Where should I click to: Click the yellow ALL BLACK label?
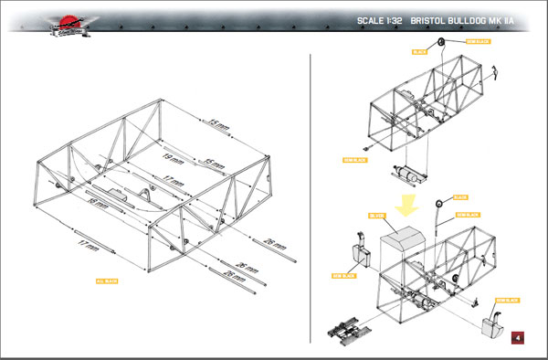point(107,281)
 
